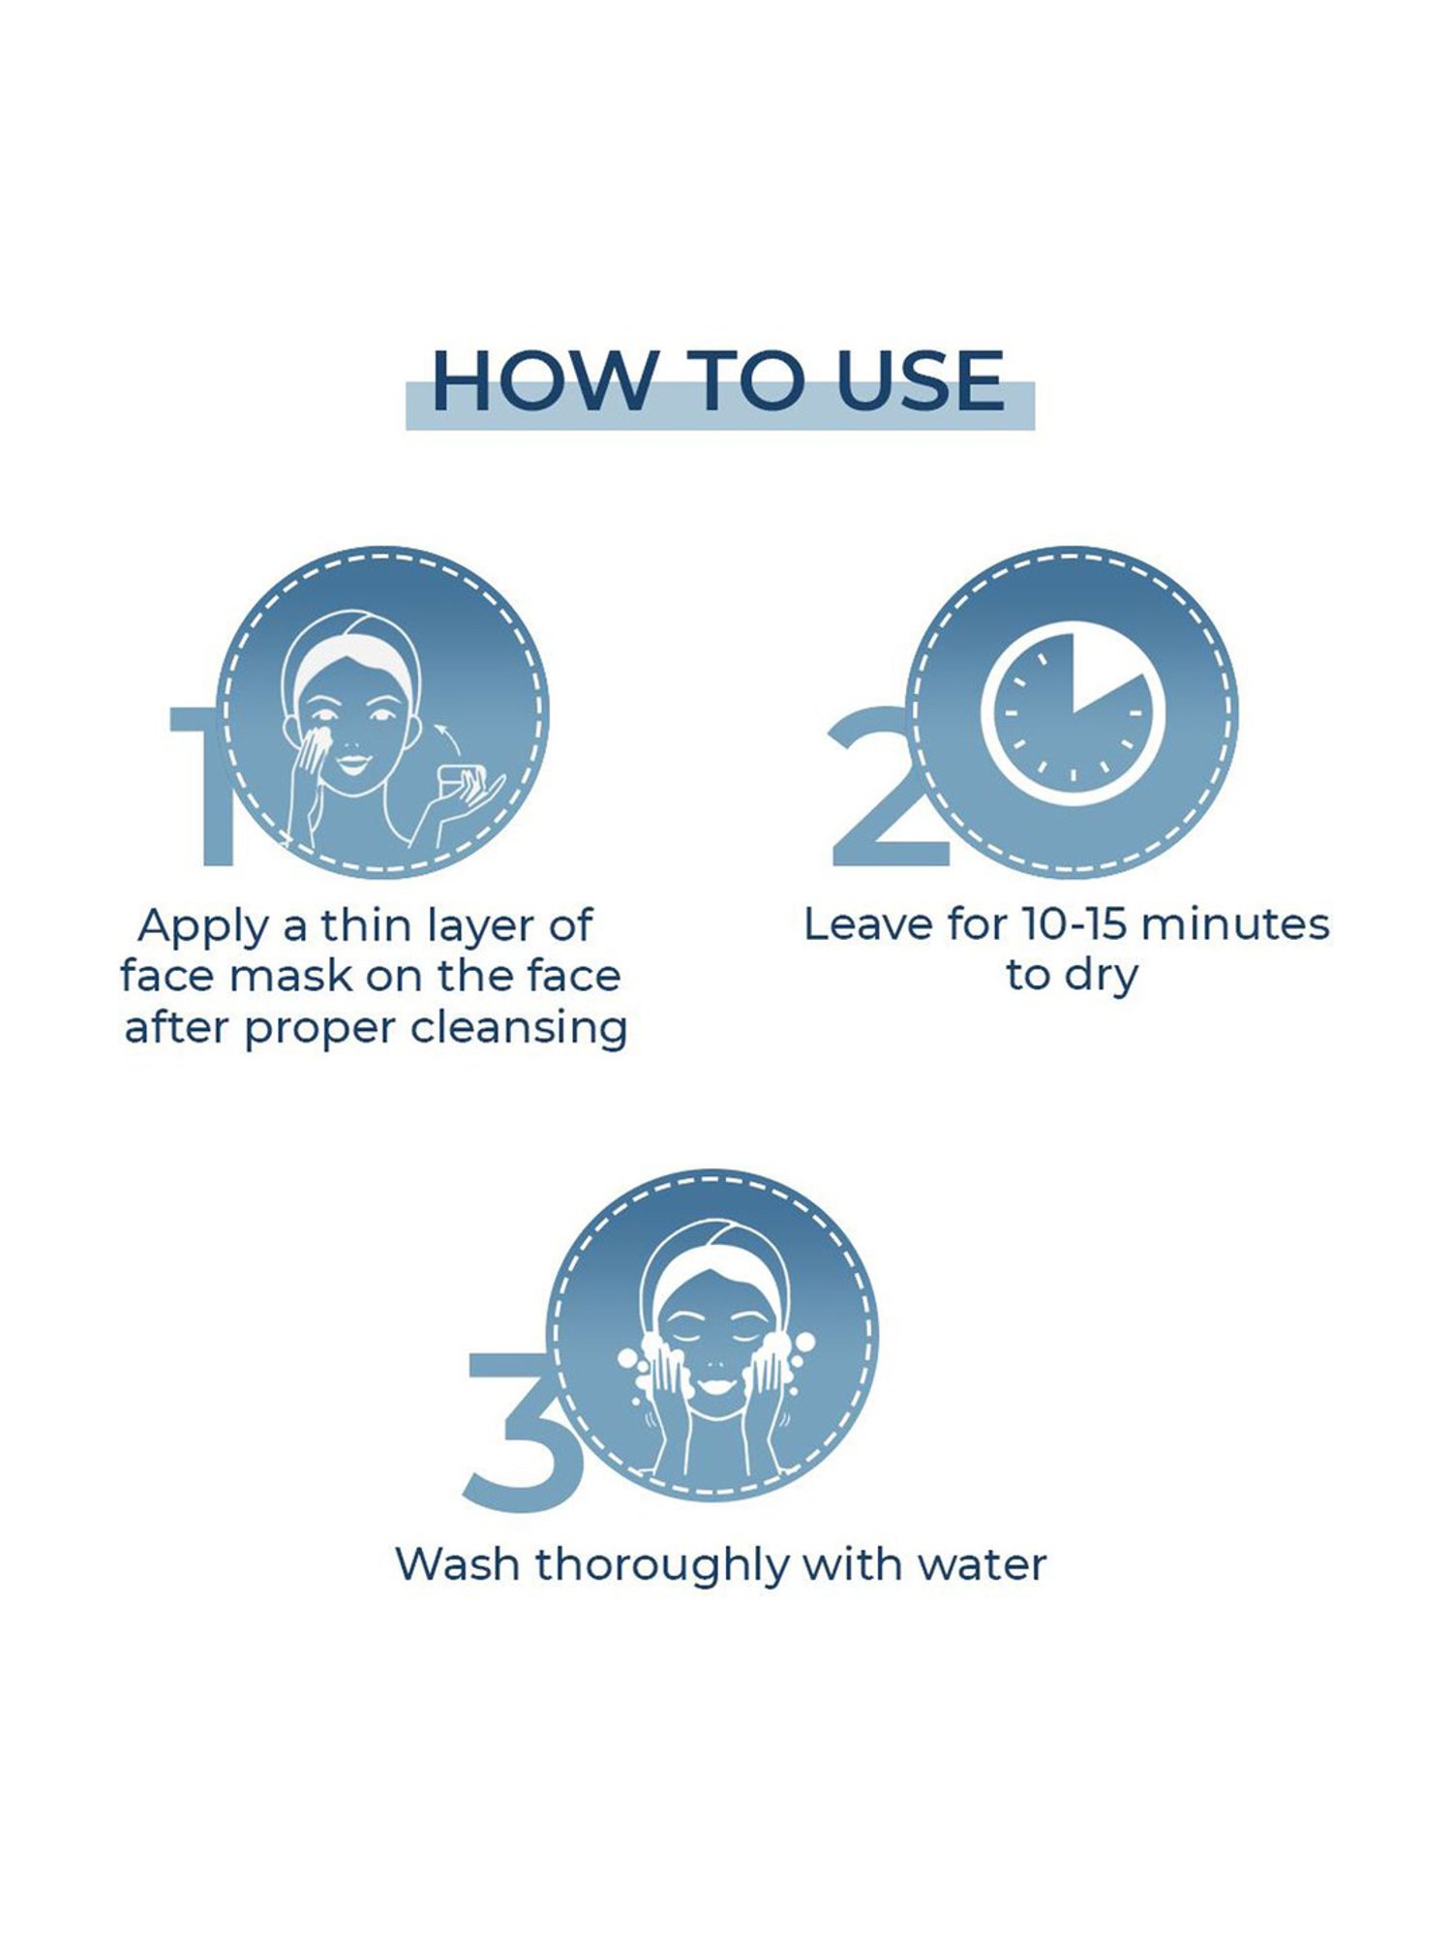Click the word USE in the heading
(x=920, y=379)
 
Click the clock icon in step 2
(x=1073, y=714)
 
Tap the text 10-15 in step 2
(x=1075, y=924)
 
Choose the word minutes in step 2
(x=1236, y=924)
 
